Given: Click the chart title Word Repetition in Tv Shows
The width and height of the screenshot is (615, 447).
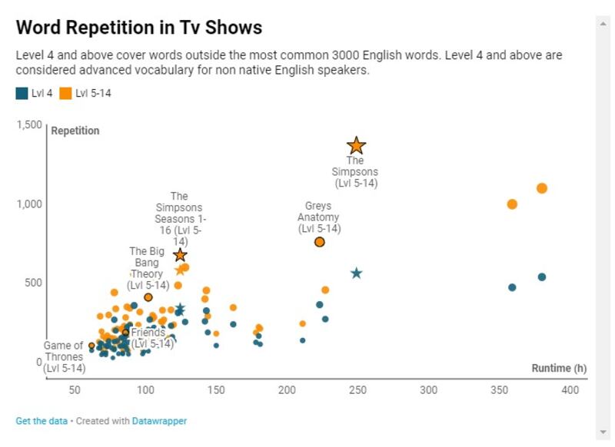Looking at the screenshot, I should point(139,28).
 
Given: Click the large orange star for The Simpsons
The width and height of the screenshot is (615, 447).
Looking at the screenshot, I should point(356,145).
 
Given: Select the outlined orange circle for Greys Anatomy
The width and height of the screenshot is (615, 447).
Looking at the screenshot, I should point(320,242).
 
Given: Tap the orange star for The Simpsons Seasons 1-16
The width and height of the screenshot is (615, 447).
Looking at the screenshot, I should point(180,255).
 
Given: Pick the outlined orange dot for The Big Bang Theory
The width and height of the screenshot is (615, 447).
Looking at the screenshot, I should point(148,297).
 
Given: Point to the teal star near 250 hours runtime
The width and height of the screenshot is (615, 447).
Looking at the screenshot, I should point(356,273).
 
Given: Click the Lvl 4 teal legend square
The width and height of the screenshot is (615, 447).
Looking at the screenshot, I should point(21,94).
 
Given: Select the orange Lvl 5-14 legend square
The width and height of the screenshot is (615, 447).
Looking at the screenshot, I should point(67,94).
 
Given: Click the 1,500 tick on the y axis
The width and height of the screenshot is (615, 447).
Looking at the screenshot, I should point(30,124).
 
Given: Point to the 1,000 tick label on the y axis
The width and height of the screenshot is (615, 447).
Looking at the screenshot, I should point(30,204).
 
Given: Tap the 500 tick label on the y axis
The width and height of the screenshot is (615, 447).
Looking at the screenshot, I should point(34,283).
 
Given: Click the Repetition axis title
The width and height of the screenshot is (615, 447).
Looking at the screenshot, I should point(75,131).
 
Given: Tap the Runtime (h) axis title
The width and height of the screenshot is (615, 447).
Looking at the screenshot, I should point(551,369).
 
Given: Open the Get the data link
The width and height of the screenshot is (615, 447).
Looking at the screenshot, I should point(41,421).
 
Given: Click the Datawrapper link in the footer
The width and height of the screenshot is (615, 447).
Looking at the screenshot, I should point(161,421).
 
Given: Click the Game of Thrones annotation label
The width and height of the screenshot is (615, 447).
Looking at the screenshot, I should point(63,357).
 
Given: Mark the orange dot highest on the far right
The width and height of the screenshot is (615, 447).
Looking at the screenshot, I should point(541,188).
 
